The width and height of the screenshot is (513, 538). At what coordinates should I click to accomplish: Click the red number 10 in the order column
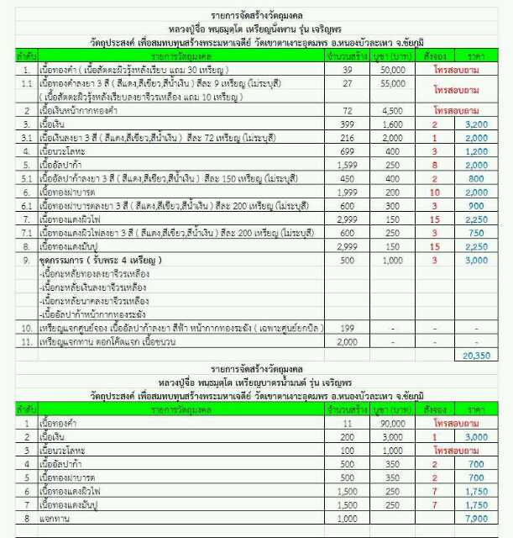click(x=435, y=192)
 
